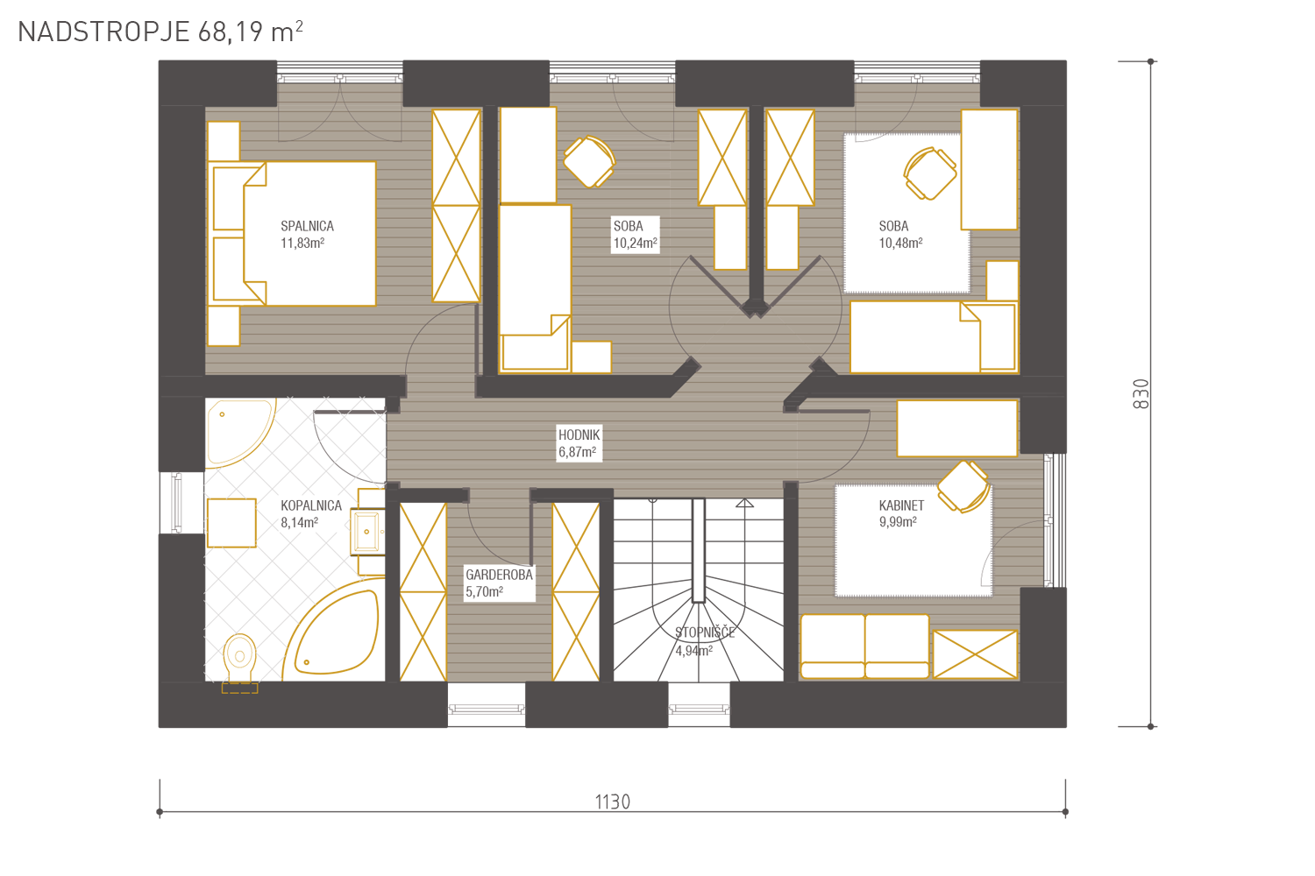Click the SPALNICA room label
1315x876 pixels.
point(307,226)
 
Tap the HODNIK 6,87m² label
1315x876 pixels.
point(579,443)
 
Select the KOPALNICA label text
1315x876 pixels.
point(310,505)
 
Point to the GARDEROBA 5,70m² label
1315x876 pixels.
point(499,583)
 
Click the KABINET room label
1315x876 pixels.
point(901,505)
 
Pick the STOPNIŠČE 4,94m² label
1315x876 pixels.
point(705,640)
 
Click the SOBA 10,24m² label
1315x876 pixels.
point(636,234)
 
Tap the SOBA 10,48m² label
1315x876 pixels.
point(900,234)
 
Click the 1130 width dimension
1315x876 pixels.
point(612,802)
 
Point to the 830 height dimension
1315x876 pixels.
point(1141,393)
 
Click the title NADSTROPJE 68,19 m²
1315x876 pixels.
point(160,32)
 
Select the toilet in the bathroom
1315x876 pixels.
point(239,663)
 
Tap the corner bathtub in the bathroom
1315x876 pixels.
point(332,631)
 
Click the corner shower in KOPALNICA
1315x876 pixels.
point(241,433)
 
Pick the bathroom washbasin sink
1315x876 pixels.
point(367,532)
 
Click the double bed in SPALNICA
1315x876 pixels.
point(294,234)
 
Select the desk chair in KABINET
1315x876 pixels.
point(963,486)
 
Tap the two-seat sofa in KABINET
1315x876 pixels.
point(864,646)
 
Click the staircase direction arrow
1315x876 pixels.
point(744,503)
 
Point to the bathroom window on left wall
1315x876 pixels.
point(176,503)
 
